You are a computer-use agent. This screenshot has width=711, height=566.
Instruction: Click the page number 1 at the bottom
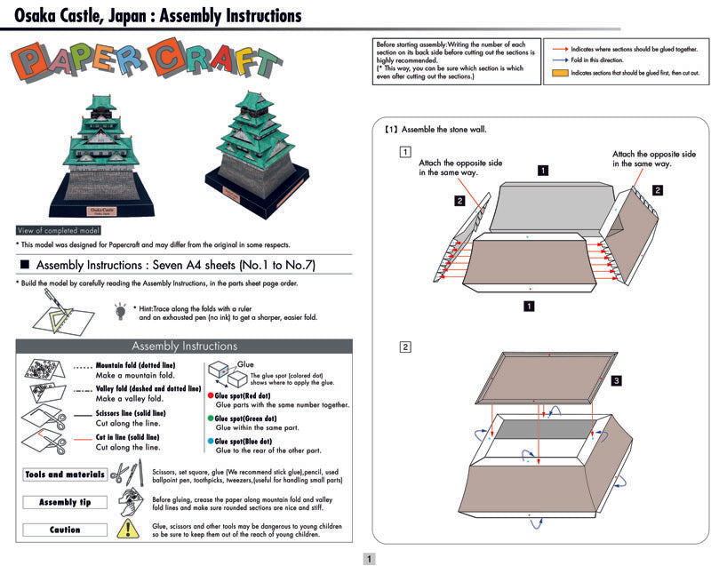[370, 558]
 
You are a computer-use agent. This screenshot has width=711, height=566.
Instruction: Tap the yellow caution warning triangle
[131, 530]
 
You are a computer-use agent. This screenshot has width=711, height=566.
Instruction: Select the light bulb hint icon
[120, 311]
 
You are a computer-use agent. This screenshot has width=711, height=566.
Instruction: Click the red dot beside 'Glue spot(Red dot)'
[211, 395]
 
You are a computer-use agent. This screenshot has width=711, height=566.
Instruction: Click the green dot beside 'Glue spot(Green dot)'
[211, 418]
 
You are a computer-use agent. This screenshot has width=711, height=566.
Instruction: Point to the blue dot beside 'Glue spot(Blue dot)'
[211, 440]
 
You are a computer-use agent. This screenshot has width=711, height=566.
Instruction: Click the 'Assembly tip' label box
[65, 502]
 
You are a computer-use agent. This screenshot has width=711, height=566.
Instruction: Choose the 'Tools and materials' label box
[65, 474]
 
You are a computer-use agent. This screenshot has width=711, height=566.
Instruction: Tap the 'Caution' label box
[65, 530]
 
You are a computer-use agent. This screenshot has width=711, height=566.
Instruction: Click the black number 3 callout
[617, 381]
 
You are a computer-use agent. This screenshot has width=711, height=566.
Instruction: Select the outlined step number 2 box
[405, 347]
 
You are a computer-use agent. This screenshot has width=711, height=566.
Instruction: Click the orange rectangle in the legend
[559, 73]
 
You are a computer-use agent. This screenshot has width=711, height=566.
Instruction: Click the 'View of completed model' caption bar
[65, 230]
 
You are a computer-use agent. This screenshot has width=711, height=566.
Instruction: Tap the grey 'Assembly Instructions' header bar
[184, 347]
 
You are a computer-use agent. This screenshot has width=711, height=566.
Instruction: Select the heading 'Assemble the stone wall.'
[441, 129]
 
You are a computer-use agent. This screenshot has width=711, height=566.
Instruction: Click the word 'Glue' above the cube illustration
[246, 365]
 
